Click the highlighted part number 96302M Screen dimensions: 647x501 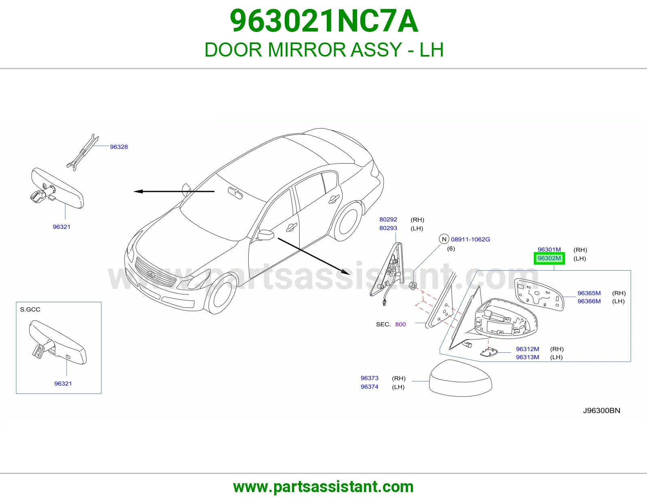(x=549, y=258)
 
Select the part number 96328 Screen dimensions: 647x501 (x=119, y=147)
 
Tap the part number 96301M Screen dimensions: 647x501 (x=549, y=250)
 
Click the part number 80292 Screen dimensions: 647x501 (x=388, y=219)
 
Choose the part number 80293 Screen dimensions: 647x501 (x=388, y=228)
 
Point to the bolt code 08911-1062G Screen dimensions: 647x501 (x=470, y=239)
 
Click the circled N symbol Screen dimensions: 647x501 (x=444, y=239)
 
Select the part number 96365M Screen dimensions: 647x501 (x=589, y=293)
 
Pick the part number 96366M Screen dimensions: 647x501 (x=589, y=301)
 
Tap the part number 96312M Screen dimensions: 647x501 (x=527, y=349)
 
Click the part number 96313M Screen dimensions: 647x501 (x=527, y=357)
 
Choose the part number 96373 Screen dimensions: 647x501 (x=370, y=378)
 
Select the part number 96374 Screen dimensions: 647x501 (x=370, y=387)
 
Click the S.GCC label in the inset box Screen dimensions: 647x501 (x=30, y=309)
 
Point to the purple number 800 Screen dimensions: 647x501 (x=400, y=324)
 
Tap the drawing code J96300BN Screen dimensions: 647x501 (x=601, y=410)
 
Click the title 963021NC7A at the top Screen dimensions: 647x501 (x=324, y=21)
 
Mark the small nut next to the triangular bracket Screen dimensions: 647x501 (x=413, y=286)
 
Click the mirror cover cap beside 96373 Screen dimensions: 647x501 (x=460, y=378)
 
